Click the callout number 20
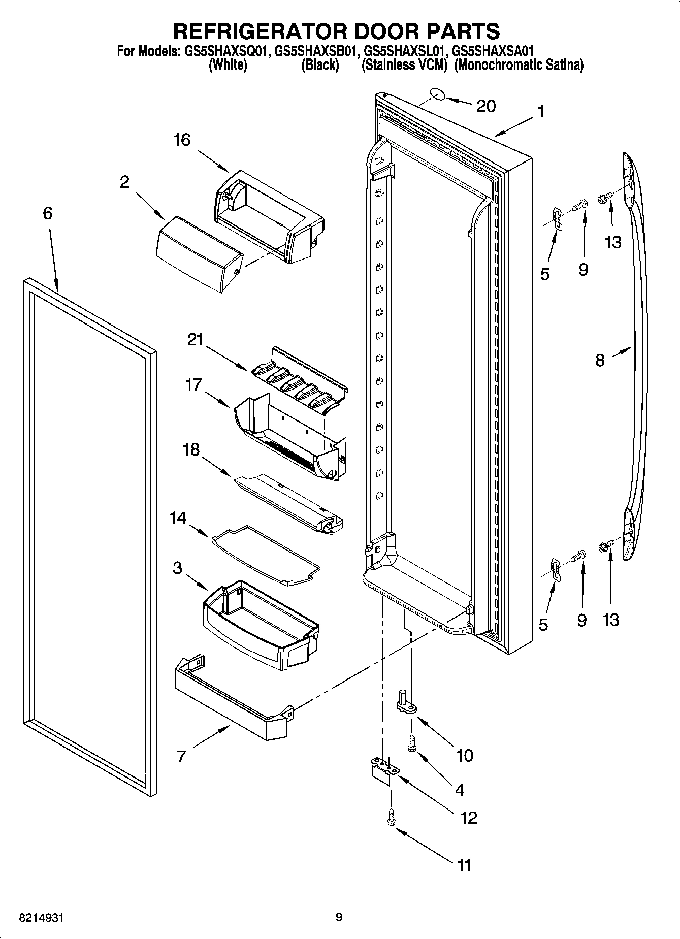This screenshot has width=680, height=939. (x=486, y=106)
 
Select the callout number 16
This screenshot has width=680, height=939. (x=181, y=140)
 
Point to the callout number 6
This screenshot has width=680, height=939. (x=47, y=213)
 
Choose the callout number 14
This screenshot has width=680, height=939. (x=178, y=519)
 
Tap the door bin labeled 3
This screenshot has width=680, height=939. (x=259, y=627)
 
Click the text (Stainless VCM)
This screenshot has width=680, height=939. (x=404, y=65)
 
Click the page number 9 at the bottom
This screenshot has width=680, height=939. (x=339, y=917)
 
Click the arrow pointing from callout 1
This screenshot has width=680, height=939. (x=513, y=126)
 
